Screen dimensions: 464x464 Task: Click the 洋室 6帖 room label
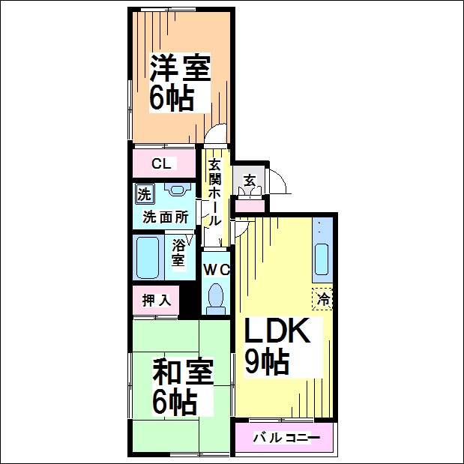pyautogui.click(x=180, y=82)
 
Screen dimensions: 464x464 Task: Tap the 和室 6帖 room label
pyautogui.click(x=183, y=387)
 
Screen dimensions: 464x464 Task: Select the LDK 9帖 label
pyautogui.click(x=278, y=346)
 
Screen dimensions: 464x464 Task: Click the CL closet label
pyautogui.click(x=161, y=163)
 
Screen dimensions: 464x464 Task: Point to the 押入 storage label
pyautogui.click(x=157, y=301)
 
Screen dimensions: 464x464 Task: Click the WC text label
pyautogui.click(x=217, y=270)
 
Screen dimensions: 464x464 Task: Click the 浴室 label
pyautogui.click(x=178, y=253)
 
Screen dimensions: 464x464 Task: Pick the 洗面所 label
pyautogui.click(x=166, y=217)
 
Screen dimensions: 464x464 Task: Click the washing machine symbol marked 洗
pyautogui.click(x=145, y=194)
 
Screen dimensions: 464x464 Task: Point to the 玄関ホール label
pyautogui.click(x=214, y=193)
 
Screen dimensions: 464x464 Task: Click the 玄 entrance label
pyautogui.click(x=250, y=181)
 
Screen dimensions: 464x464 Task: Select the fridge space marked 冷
pyautogui.click(x=322, y=299)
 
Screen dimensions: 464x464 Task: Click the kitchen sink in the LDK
pyautogui.click(x=322, y=259)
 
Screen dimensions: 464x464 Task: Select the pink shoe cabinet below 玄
pyautogui.click(x=250, y=205)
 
